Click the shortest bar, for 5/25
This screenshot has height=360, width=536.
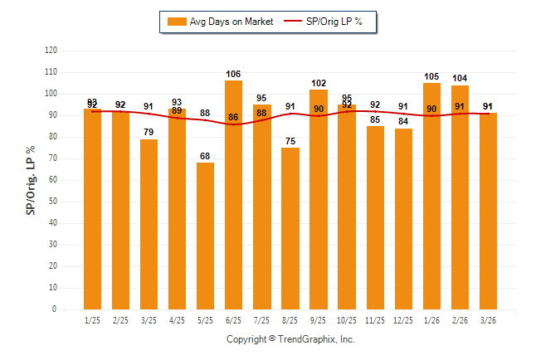click(x=206, y=236)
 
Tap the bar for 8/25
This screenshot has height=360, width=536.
click(x=290, y=228)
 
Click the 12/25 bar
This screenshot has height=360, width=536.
click(x=403, y=219)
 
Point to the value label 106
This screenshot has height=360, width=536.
click(x=234, y=75)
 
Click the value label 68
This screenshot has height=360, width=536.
click(x=206, y=157)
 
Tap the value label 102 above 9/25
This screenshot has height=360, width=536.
click(x=319, y=83)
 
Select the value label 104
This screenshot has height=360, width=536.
click(x=460, y=79)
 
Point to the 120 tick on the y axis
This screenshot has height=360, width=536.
click(x=51, y=51)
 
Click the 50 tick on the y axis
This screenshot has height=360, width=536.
click(x=53, y=202)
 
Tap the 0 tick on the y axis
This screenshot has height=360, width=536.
click(x=55, y=309)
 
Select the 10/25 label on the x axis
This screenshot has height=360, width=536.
click(x=347, y=320)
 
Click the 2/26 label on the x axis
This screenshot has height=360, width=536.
click(x=460, y=320)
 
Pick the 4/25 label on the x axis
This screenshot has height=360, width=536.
click(x=178, y=320)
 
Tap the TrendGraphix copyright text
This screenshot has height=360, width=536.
click(x=290, y=339)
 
